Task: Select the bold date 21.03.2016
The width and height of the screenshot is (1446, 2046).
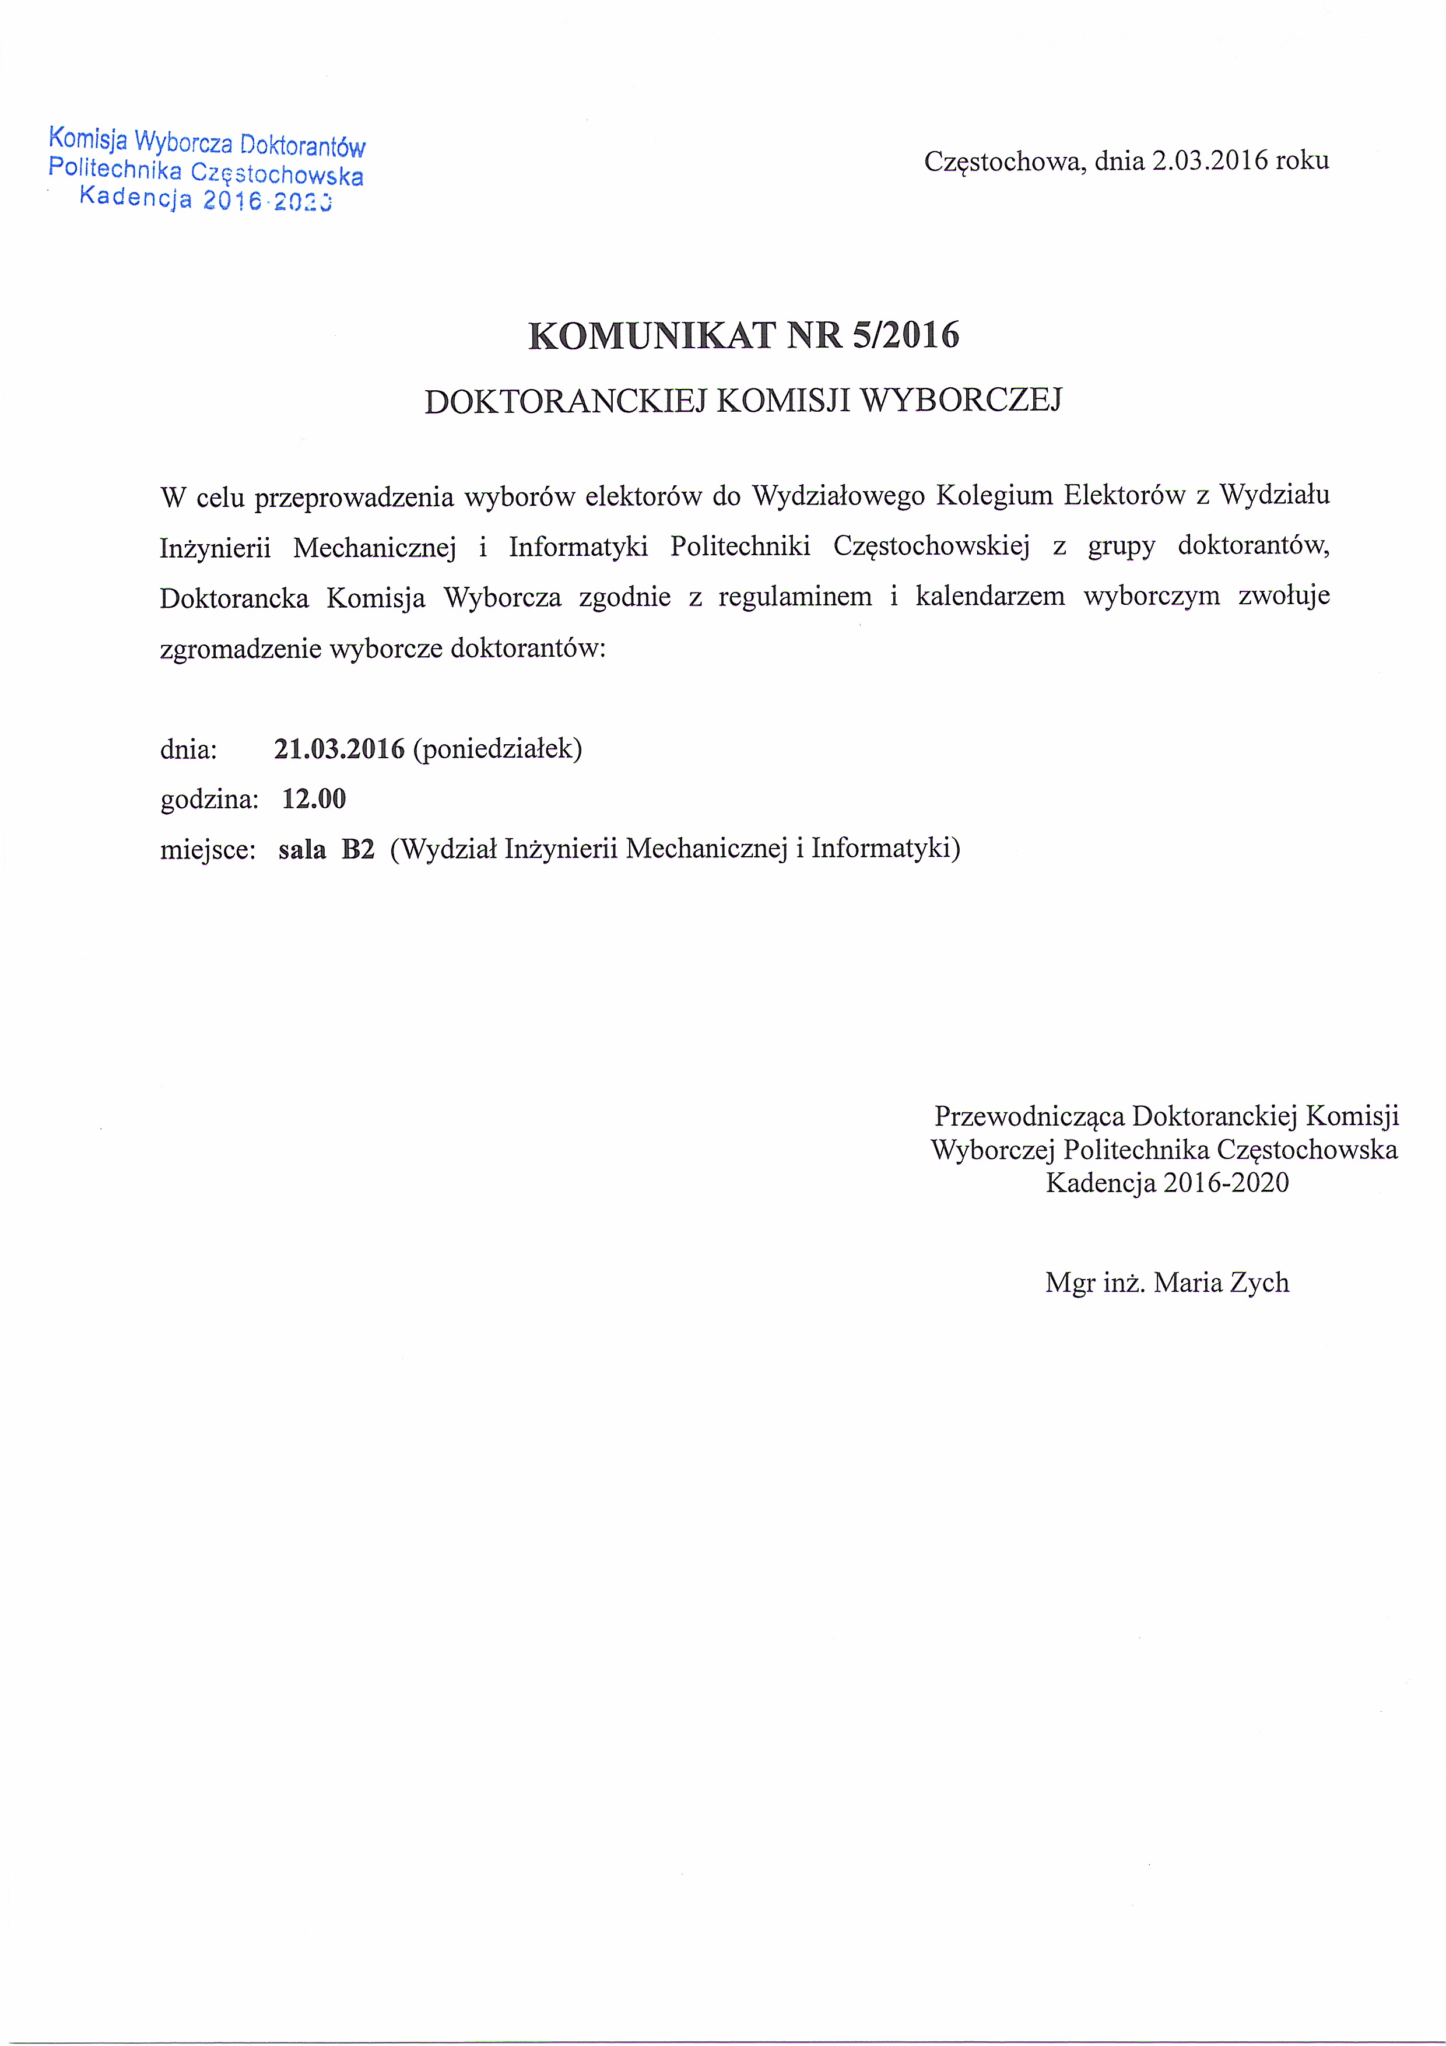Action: tap(339, 748)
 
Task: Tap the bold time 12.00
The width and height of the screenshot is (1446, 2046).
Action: tap(314, 798)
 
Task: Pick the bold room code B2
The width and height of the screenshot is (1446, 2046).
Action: tap(358, 849)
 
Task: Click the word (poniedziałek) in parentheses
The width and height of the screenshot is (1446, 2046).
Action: tap(497, 748)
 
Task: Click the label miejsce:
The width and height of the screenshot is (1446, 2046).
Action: tap(208, 849)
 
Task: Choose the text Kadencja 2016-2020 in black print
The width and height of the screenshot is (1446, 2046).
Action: tap(1167, 1182)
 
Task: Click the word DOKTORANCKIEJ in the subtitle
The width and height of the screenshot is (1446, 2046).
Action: tap(565, 401)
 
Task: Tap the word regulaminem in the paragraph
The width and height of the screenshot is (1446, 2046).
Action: tap(795, 596)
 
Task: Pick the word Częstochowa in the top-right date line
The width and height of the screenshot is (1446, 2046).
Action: tap(1004, 162)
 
